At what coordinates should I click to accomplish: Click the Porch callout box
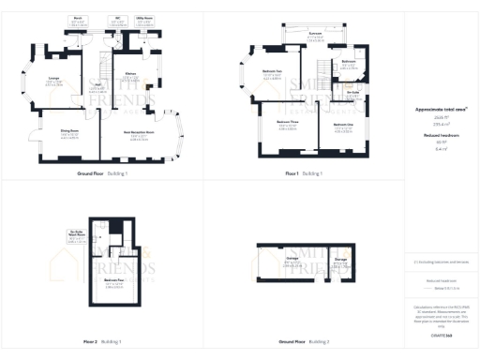(x=79, y=20)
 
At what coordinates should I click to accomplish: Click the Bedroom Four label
(x=115, y=283)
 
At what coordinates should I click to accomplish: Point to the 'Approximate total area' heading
(x=441, y=110)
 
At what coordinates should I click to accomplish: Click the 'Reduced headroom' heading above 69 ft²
(x=441, y=135)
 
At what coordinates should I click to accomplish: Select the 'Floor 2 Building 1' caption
(x=100, y=342)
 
